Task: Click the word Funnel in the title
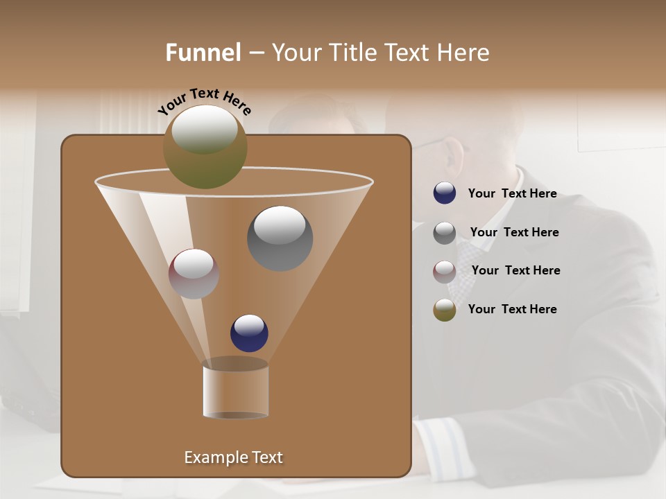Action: click(x=203, y=53)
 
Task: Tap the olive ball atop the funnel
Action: click(x=205, y=146)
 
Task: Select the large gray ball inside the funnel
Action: click(x=280, y=238)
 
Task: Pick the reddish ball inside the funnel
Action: click(x=194, y=274)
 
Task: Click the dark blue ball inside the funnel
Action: click(x=249, y=333)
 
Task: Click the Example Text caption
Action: click(x=233, y=457)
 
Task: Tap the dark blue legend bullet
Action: click(x=445, y=193)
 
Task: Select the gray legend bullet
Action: click(x=445, y=232)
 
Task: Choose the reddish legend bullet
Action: click(x=445, y=271)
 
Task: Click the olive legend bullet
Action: click(x=445, y=310)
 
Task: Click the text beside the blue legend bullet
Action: click(x=512, y=193)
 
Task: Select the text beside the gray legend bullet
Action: click(x=514, y=232)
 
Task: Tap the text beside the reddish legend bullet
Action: click(x=515, y=270)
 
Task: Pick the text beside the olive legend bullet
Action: click(x=512, y=309)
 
